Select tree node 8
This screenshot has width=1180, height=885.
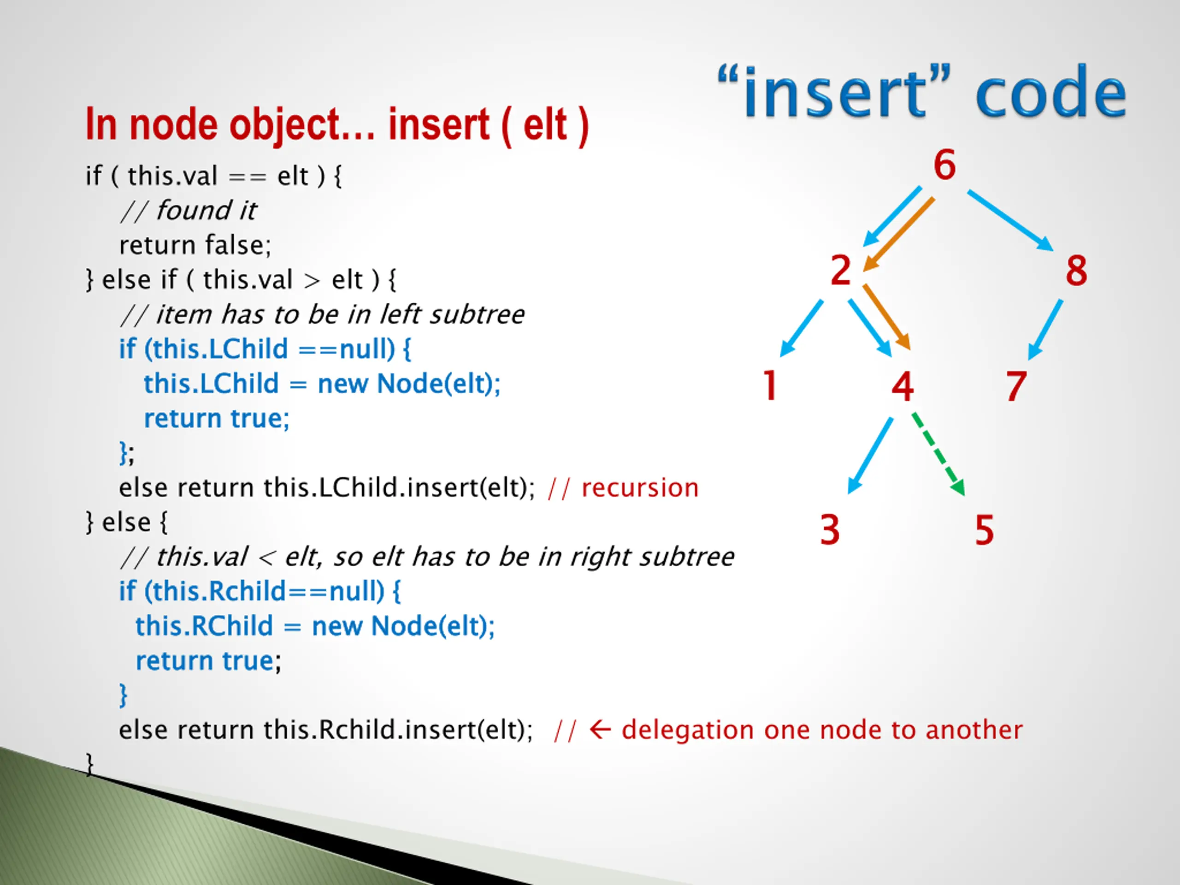pos(1076,271)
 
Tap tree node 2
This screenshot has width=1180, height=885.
pos(841,271)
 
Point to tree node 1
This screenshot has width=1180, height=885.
pos(770,385)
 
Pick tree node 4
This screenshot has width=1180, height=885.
pos(903,386)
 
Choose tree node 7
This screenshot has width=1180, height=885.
pos(1016,386)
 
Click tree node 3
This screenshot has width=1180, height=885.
pos(830,530)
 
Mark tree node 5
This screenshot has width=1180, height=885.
pos(984,530)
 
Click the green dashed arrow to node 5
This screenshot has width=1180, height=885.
pos(938,454)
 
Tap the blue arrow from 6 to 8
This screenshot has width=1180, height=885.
pos(1010,220)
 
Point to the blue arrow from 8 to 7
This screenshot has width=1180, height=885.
pos(1045,329)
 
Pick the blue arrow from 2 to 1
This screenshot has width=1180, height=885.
pos(802,328)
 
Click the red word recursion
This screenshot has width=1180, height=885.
pos(640,488)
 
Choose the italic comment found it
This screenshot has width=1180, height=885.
pos(206,211)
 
